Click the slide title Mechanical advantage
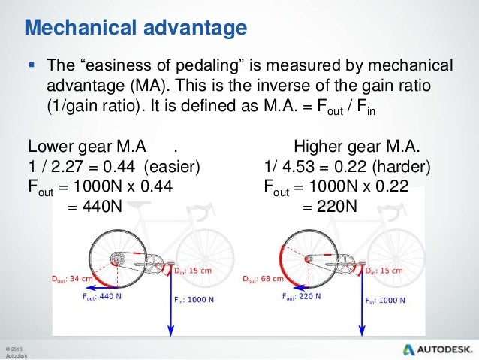click(136, 28)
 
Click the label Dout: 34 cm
click(74, 278)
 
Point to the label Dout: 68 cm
click(263, 278)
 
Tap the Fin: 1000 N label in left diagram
click(194, 300)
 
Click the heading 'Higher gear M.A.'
click(357, 146)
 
